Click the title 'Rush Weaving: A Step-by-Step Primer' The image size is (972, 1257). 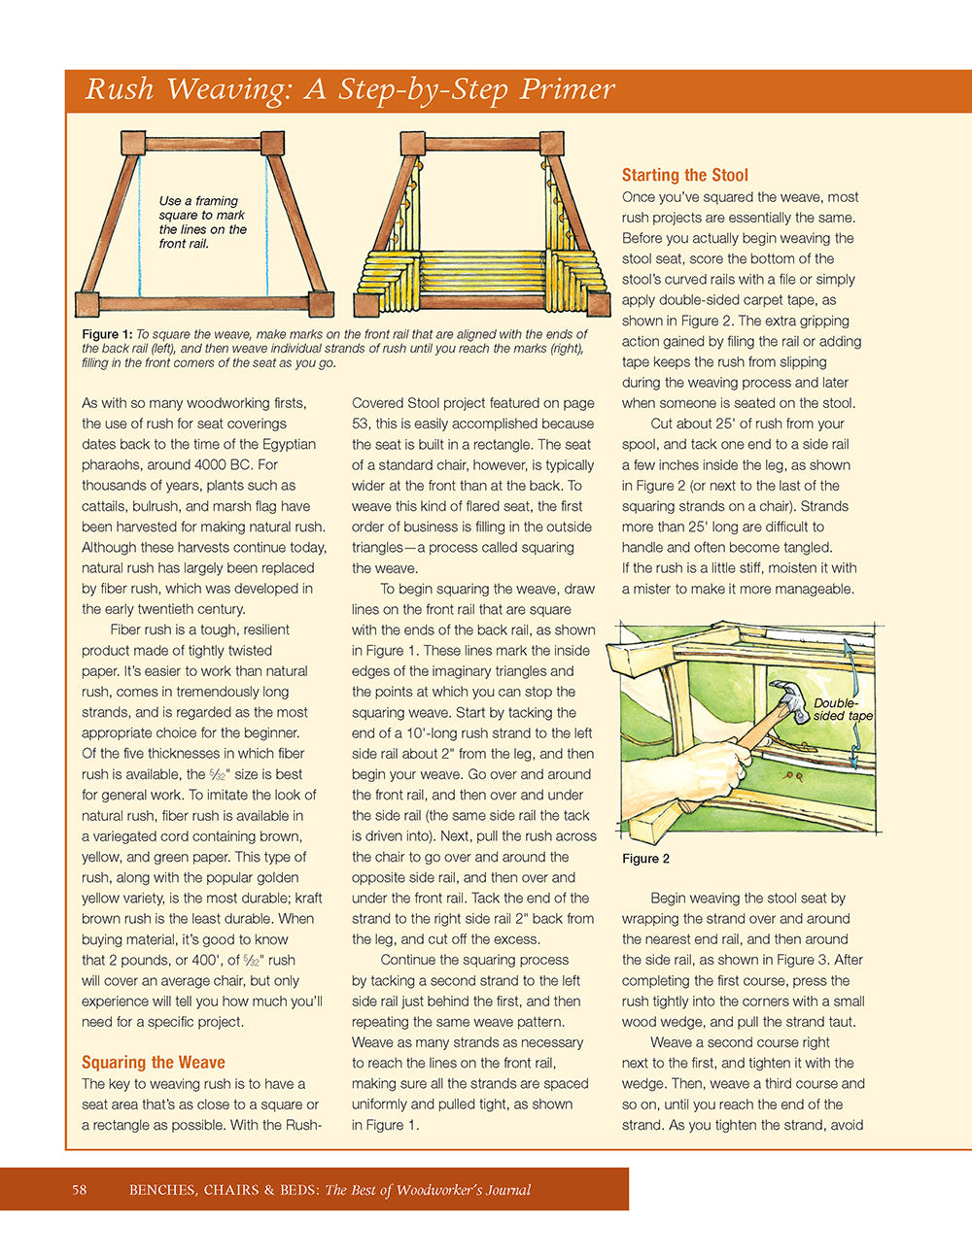(x=350, y=89)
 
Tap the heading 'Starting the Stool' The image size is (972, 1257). (x=684, y=175)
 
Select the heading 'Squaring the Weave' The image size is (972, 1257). (x=153, y=1062)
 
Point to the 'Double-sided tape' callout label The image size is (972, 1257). (x=842, y=709)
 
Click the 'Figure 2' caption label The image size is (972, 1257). (x=645, y=859)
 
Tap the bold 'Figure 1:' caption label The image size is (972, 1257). (x=107, y=334)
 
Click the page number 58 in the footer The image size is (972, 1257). (x=80, y=1189)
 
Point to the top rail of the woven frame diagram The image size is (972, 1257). (x=482, y=144)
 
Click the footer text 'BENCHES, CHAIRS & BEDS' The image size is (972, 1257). (x=224, y=1189)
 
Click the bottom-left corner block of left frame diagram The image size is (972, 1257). (x=88, y=304)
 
